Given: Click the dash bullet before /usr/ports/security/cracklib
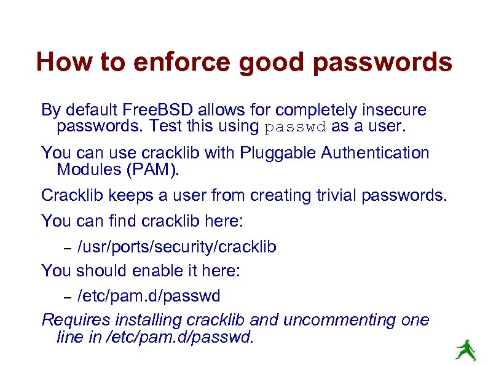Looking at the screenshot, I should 69,248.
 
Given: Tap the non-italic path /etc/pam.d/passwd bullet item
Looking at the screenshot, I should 148,296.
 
